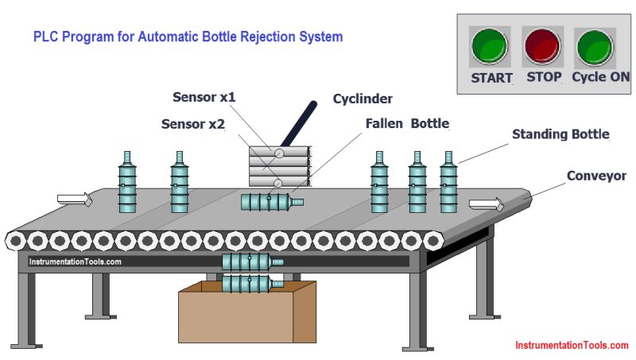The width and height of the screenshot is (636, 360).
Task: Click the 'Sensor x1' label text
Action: click(204, 98)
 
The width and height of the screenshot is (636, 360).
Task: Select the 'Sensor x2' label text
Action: click(193, 124)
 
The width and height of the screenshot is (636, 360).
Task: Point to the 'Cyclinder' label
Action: click(363, 99)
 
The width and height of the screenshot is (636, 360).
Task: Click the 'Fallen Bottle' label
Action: click(407, 124)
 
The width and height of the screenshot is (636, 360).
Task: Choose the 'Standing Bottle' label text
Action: click(560, 134)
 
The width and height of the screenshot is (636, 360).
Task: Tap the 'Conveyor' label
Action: click(596, 176)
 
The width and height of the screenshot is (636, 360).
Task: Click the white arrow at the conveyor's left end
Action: click(76, 199)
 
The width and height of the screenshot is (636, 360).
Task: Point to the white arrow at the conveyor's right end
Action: click(486, 204)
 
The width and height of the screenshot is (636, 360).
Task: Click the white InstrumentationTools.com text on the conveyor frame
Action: click(75, 261)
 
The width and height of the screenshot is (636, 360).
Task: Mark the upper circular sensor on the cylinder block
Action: click(280, 153)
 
